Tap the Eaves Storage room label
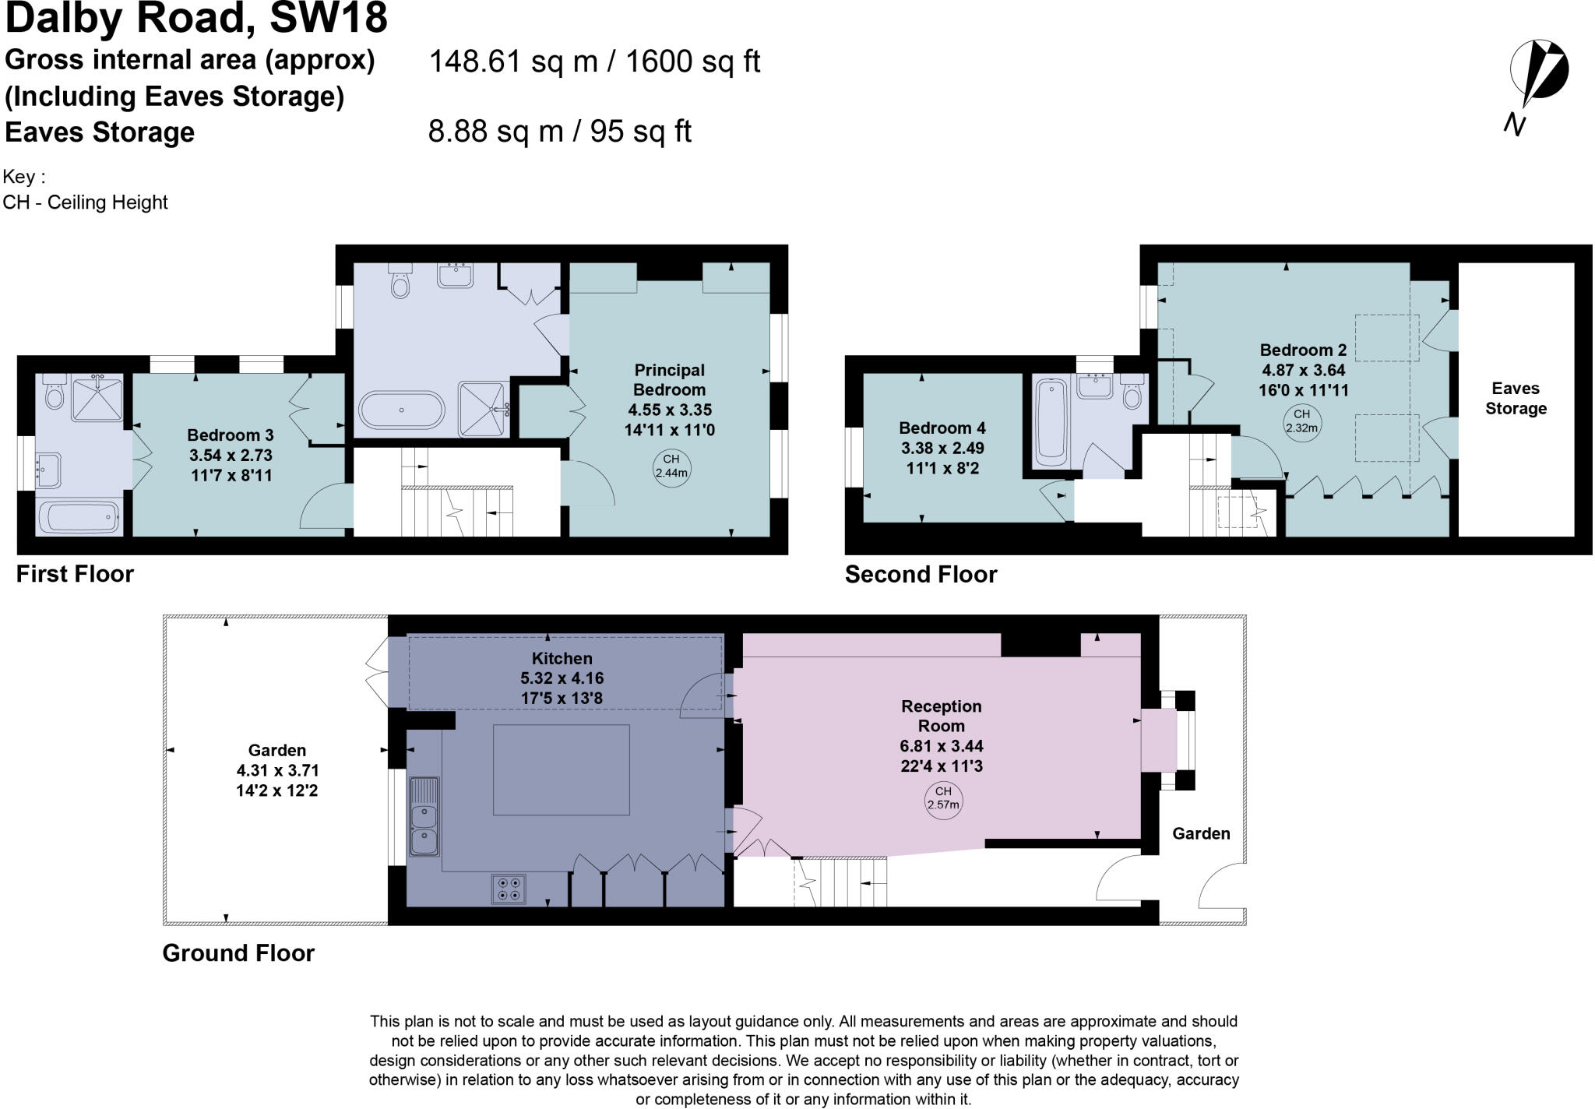click(x=1516, y=398)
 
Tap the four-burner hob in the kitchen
click(x=509, y=889)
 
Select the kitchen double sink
click(x=424, y=816)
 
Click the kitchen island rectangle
click(x=562, y=769)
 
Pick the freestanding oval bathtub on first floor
click(x=402, y=410)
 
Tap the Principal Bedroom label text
click(x=669, y=380)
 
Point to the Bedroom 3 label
click(x=231, y=435)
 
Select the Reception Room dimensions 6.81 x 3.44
click(x=942, y=746)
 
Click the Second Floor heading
click(x=921, y=575)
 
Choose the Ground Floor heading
click(x=238, y=953)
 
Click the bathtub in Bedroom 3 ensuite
click(x=78, y=517)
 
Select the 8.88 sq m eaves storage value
click(x=495, y=132)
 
